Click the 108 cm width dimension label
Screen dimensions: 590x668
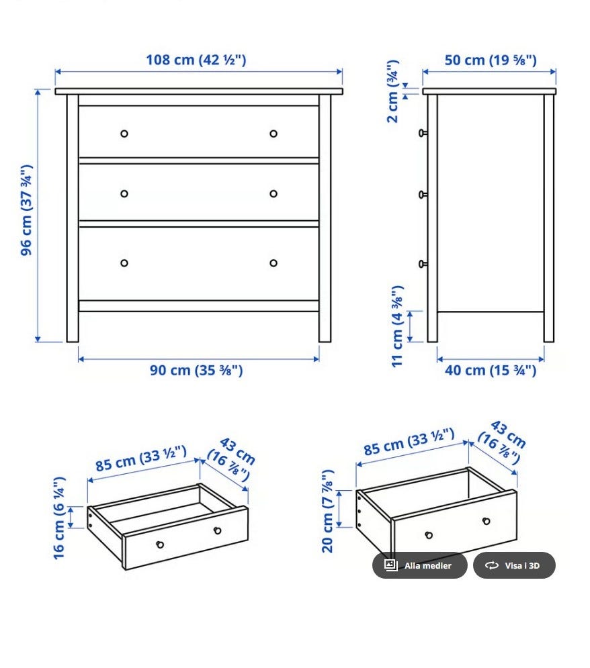tap(196, 60)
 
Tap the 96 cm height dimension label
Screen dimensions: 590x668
tap(26, 210)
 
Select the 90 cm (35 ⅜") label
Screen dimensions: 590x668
tap(196, 370)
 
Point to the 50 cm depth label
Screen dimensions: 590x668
tap(491, 60)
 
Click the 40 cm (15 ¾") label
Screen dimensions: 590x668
tap(491, 370)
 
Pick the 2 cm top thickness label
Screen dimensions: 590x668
tap(392, 91)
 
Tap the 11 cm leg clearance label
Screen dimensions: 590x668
tap(397, 326)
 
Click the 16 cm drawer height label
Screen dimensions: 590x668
tap(59, 518)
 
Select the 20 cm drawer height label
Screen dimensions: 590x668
tap(327, 511)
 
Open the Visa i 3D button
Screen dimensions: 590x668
tap(514, 565)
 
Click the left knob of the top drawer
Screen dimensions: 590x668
tap(124, 134)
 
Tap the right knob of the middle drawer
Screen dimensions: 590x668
tap(273, 194)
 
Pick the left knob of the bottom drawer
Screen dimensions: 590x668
tap(124, 263)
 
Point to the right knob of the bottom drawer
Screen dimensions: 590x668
tap(273, 263)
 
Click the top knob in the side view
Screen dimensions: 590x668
tap(423, 133)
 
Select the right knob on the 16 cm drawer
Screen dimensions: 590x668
tap(218, 530)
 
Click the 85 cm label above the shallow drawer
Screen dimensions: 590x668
tap(141, 459)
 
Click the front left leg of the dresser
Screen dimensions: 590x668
tap(73, 218)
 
